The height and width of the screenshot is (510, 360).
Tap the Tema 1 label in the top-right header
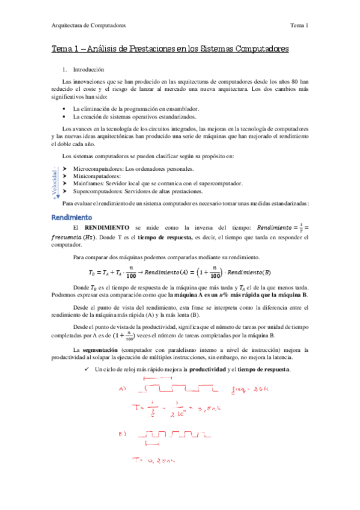pyautogui.click(x=299, y=25)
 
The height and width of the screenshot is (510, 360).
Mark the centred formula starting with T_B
pyautogui.click(x=178, y=256)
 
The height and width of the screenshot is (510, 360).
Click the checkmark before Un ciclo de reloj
pyautogui.click(x=87, y=369)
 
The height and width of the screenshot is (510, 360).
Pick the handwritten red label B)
pyautogui.click(x=123, y=433)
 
